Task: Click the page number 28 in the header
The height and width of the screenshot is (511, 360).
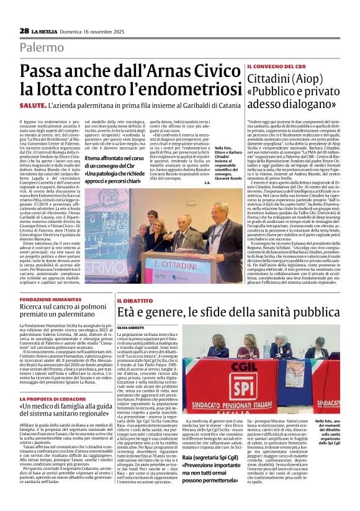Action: (x=24, y=30)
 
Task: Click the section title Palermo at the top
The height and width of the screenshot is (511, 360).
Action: (x=42, y=47)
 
